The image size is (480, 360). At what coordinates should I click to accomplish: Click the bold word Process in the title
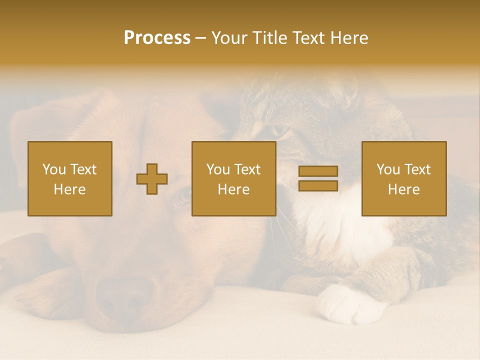tap(157, 38)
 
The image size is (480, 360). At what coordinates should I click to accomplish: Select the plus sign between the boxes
tap(152, 179)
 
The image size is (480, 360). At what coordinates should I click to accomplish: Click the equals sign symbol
tap(318, 178)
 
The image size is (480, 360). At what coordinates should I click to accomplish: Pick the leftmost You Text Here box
tap(70, 179)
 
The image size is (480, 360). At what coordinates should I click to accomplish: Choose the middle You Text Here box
tap(234, 179)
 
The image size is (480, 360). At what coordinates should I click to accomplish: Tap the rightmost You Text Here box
tap(404, 179)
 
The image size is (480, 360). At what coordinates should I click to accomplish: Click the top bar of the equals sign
tap(318, 171)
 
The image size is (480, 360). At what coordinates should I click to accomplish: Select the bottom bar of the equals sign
tap(318, 185)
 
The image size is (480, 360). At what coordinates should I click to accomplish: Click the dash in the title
tap(201, 38)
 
